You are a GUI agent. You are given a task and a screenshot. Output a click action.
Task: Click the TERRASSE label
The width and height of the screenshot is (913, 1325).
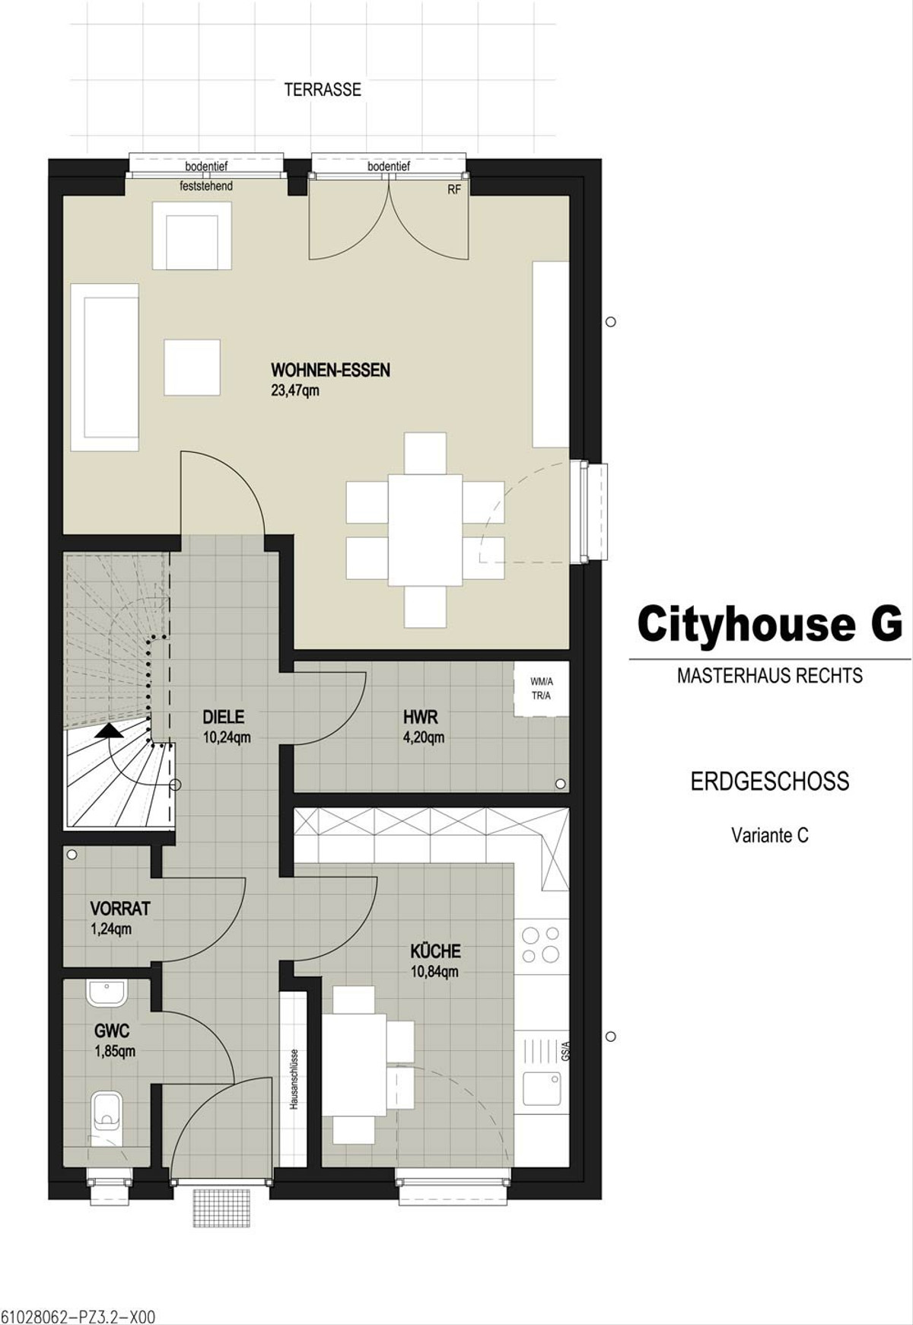[x=323, y=90]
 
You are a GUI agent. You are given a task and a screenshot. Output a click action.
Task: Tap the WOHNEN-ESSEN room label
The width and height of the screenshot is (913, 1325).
[x=331, y=371]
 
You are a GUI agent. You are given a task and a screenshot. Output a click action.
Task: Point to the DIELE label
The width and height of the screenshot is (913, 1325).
[x=224, y=716]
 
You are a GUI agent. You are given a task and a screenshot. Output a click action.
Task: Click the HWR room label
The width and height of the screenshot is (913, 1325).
[x=421, y=716]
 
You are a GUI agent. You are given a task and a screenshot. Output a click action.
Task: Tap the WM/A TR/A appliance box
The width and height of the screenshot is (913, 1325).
[x=541, y=689]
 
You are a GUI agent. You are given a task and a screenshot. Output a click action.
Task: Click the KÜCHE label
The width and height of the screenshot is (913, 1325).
[x=436, y=951]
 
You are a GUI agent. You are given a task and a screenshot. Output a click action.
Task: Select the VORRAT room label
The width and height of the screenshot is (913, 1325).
[x=120, y=908]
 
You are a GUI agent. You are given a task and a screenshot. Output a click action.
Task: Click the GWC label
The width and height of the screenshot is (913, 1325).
[x=112, y=1031]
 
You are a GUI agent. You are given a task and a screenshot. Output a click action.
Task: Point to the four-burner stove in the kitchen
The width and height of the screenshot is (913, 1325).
[x=541, y=944]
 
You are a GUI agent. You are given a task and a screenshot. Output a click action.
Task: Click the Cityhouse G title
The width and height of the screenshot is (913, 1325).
[x=770, y=625]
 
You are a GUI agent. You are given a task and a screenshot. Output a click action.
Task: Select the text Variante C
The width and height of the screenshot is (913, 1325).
[x=770, y=835]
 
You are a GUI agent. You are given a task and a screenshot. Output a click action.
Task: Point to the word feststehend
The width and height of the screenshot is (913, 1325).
[x=206, y=186]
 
